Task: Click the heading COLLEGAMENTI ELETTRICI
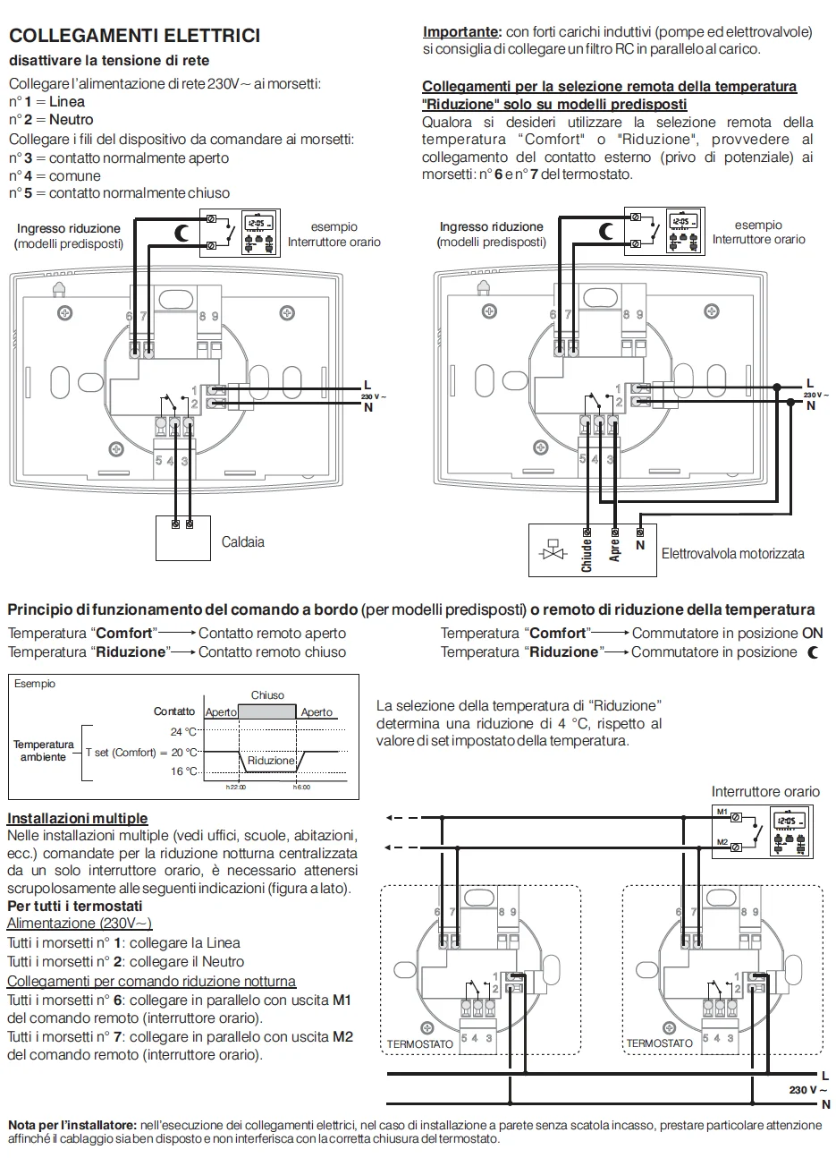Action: [x=134, y=36]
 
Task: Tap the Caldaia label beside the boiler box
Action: [x=242, y=542]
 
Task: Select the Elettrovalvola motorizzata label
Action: [x=732, y=554]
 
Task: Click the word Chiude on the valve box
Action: [x=587, y=554]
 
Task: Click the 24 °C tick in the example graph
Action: [x=183, y=731]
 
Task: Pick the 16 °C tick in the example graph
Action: [x=183, y=771]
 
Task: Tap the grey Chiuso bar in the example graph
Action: [x=267, y=711]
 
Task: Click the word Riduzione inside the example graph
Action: [x=270, y=761]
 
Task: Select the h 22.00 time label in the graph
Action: [x=235, y=788]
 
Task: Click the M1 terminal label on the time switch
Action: [x=722, y=812]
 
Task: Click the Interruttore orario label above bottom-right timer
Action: [x=764, y=791]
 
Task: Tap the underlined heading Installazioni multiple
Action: [x=78, y=818]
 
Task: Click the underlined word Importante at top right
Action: [x=460, y=32]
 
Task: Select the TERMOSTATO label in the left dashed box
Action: [x=419, y=1044]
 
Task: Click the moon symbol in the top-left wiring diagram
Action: [x=182, y=234]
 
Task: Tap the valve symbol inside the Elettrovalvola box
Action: [x=552, y=549]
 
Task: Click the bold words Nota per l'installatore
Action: [x=72, y=1124]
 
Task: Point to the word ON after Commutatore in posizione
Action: [x=812, y=633]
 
